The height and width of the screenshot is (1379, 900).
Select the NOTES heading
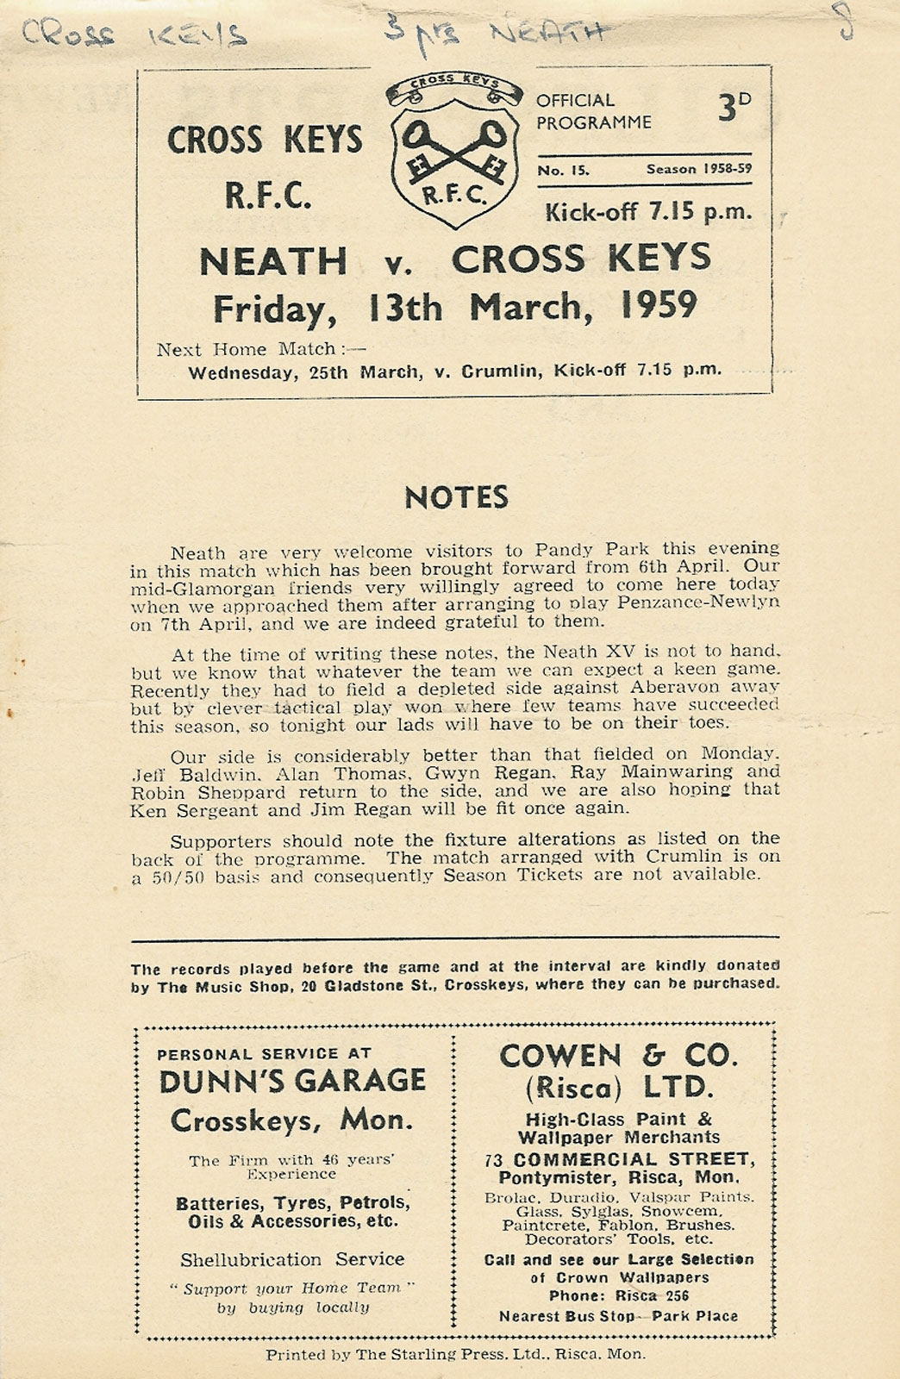[456, 497]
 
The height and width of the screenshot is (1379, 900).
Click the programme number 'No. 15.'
[564, 170]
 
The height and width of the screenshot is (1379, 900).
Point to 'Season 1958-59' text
[698, 169]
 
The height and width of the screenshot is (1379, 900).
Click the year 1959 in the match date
[659, 306]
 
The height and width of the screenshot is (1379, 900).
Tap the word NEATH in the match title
[273, 261]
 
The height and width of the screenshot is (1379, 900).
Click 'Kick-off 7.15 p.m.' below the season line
[647, 211]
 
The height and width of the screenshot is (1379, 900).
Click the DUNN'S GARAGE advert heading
[292, 1081]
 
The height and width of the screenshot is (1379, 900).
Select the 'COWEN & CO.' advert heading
[618, 1056]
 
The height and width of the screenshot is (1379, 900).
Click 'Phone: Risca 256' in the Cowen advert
[618, 1296]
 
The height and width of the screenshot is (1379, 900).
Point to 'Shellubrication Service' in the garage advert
[292, 1259]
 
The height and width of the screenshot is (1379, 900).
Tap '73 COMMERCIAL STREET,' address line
[618, 1159]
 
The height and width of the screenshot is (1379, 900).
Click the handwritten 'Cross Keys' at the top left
[134, 34]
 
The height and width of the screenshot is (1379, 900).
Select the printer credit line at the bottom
[455, 1354]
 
